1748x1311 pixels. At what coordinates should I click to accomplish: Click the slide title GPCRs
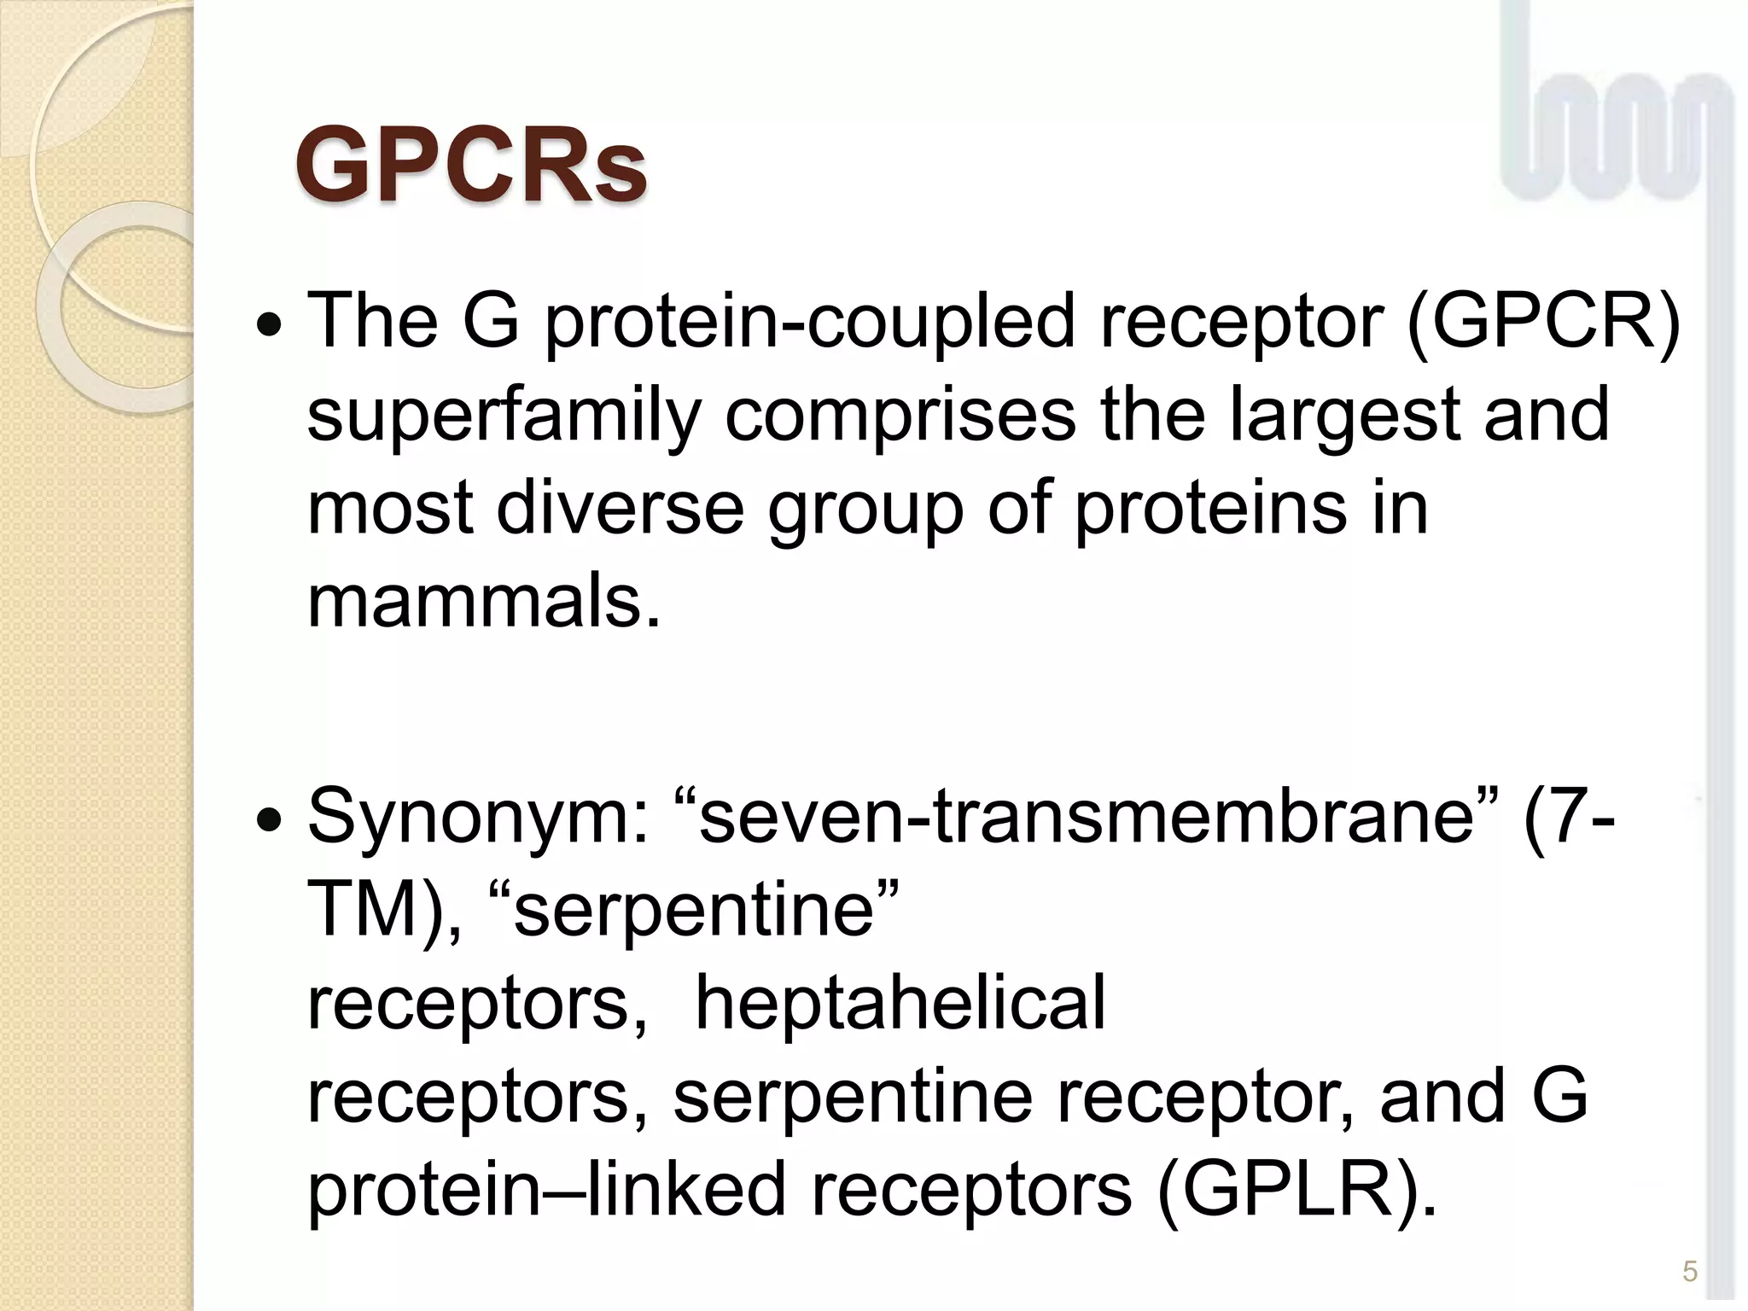[471, 166]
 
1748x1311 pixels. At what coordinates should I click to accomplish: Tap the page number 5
[1689, 1272]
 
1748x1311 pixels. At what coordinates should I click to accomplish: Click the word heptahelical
[900, 1003]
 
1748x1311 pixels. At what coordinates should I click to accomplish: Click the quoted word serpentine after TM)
[695, 910]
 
